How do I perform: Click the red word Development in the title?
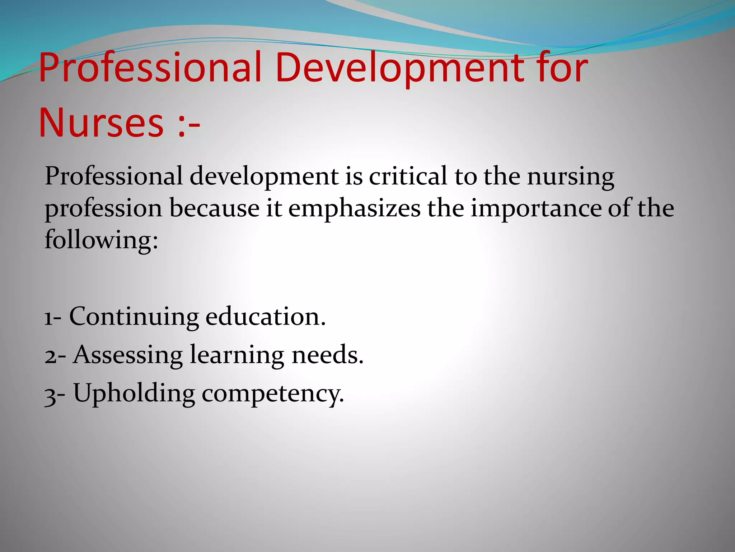pos(398,68)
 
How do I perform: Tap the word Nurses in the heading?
pos(101,123)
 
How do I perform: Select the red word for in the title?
pos(561,68)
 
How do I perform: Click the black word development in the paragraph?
pos(264,177)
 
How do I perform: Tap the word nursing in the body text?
pos(571,177)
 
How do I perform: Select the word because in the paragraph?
pos(214,208)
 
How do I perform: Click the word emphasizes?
pos(354,209)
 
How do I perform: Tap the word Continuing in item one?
pos(134,317)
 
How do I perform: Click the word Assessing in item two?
pos(128,355)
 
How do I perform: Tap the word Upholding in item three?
pos(134,394)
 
